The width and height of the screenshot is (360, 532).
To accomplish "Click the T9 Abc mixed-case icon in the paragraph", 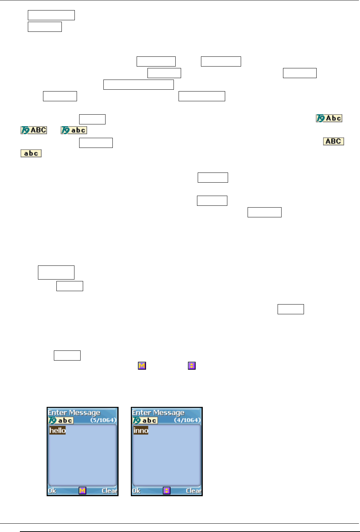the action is tap(329, 118).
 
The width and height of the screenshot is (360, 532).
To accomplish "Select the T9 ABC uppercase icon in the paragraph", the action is tap(34, 130).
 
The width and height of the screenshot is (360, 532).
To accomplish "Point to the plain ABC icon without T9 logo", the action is tap(333, 141).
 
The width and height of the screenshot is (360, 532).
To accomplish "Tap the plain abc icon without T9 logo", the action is tap(31, 153).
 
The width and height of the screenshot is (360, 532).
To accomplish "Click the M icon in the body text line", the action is tap(142, 366).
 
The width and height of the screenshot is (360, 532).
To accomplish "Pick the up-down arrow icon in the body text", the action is tap(192, 366).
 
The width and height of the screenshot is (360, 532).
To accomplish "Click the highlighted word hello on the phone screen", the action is tap(57, 430).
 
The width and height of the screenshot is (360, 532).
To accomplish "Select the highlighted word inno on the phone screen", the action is tap(141, 430).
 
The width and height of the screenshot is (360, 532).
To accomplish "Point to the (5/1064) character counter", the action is tap(103, 420).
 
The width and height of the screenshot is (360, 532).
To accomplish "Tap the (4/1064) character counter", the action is tap(187, 420).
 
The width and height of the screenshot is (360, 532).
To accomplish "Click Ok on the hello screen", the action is tap(52, 491).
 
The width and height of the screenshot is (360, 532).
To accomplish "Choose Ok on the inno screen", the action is tap(136, 491).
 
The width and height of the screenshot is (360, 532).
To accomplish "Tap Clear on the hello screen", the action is tap(109, 491).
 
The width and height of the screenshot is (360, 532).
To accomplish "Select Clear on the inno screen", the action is tap(193, 491).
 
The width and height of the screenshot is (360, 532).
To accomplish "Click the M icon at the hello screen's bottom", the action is tap(82, 491).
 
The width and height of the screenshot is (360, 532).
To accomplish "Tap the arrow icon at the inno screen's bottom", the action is tap(166, 491).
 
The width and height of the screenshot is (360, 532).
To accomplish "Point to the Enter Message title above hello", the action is tap(74, 413).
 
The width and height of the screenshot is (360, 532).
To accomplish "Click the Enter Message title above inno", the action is tap(158, 413).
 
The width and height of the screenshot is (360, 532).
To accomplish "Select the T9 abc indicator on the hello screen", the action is tap(61, 420).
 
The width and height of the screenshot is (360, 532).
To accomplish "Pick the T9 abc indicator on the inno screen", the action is tap(145, 420).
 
